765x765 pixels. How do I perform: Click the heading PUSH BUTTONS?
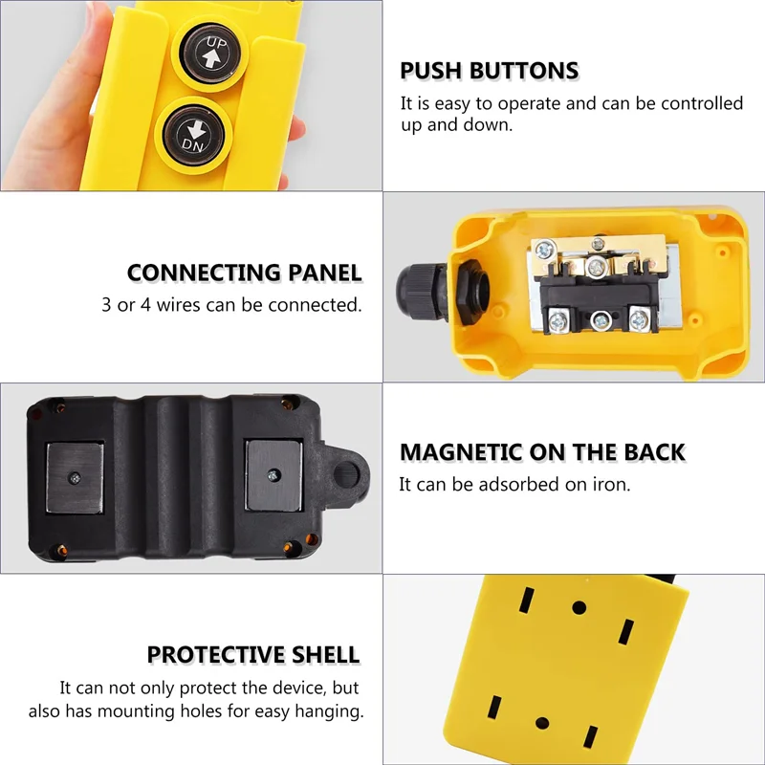489,71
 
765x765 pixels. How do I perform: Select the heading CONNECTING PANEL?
245,273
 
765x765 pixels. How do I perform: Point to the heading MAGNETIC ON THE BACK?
542,452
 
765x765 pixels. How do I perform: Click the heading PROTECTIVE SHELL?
253,655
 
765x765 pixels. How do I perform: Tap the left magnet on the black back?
74,476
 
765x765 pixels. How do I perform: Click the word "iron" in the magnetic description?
609,485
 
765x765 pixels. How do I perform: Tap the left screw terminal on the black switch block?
557,317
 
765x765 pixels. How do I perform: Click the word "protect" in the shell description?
227,688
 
